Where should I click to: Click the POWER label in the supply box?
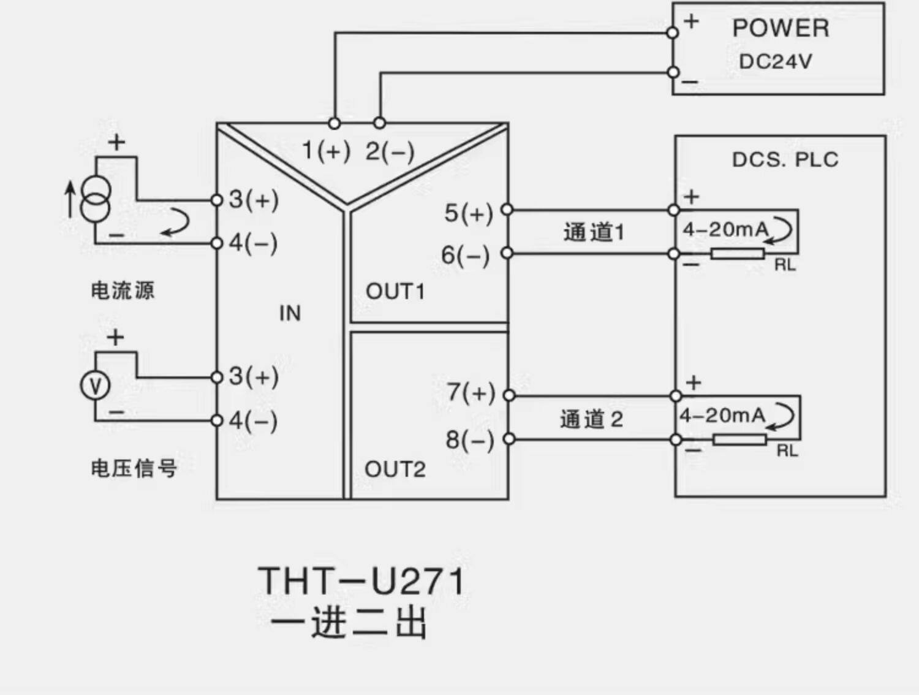[x=781, y=28]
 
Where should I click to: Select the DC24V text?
[x=775, y=61]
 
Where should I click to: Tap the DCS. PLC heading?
[x=785, y=159]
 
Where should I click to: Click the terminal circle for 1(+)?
[x=334, y=123]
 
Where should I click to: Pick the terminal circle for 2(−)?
[x=379, y=123]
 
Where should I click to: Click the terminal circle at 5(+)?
[x=507, y=210]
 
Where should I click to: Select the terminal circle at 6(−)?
[x=507, y=253]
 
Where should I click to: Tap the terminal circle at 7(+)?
[x=509, y=395]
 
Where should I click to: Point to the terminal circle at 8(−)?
[x=509, y=439]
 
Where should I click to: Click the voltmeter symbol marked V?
[x=95, y=385]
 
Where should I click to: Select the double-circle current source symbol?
[x=96, y=199]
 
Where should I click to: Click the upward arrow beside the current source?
[x=70, y=199]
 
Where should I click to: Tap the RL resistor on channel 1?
[x=738, y=254]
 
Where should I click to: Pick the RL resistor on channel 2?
[x=740, y=439]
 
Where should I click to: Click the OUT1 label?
[x=395, y=291]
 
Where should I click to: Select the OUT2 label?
[x=395, y=469]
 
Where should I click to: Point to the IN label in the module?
[x=290, y=313]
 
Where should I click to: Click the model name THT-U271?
[x=361, y=581]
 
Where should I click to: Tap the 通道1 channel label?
[x=594, y=232]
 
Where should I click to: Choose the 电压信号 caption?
[x=134, y=468]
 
